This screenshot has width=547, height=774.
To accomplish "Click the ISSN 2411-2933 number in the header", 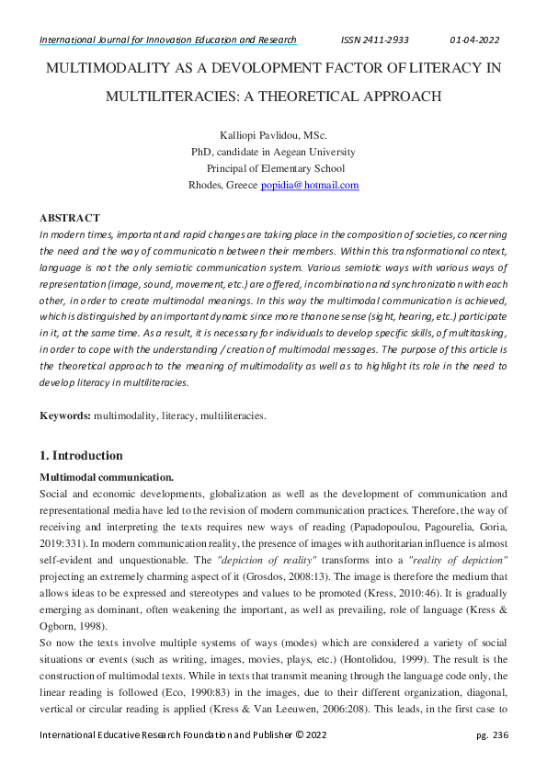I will point(374,40).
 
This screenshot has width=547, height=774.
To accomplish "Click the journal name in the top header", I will point(167,40).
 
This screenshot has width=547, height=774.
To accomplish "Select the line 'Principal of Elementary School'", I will point(275,168).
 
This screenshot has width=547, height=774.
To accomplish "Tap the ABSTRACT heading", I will point(69,218).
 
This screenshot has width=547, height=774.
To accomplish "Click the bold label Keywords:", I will point(64,416).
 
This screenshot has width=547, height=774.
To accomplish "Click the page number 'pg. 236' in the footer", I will point(493,734).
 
